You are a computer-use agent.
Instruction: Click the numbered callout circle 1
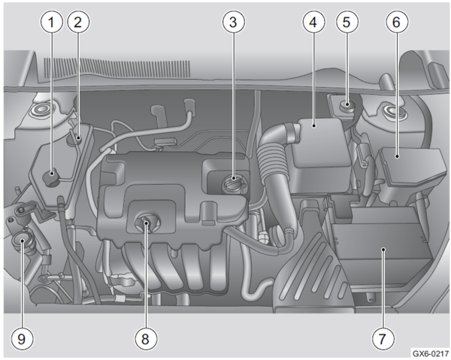click(51, 22)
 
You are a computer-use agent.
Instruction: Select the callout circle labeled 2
click(78, 22)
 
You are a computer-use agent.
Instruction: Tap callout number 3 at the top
click(234, 22)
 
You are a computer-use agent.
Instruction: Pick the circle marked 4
click(313, 22)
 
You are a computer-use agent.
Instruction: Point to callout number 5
click(347, 22)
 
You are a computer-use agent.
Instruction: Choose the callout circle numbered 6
click(397, 22)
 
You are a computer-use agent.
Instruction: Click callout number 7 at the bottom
click(383, 338)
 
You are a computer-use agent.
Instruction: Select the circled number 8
click(146, 338)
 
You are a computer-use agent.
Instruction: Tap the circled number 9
click(22, 338)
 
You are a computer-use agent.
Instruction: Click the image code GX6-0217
click(430, 353)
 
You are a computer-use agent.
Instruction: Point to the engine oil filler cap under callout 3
click(233, 183)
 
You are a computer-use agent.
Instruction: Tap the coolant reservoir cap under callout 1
click(51, 177)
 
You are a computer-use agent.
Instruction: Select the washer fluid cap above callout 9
click(22, 241)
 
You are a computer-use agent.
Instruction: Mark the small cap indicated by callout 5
click(347, 106)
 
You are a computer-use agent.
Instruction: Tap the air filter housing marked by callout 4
click(321, 156)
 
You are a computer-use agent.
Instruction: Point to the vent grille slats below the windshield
click(117, 68)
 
